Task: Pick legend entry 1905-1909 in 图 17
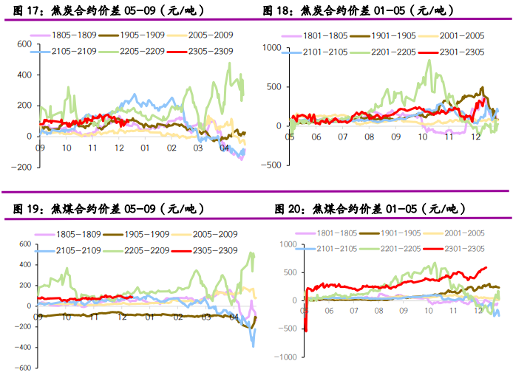[130, 35]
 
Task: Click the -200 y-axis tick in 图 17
[22, 168]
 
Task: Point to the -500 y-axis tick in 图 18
[274, 165]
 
